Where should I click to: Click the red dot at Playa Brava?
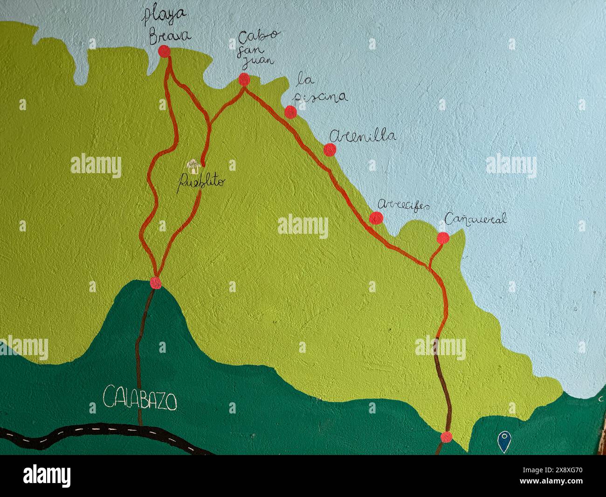[x=164, y=51]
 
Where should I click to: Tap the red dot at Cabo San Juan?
[x=244, y=79]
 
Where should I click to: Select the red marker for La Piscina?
[x=290, y=112]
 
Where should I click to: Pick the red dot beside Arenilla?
[x=330, y=150]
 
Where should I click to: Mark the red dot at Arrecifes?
[x=376, y=218]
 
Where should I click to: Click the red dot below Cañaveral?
[x=443, y=238]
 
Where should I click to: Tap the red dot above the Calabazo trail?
[x=156, y=283]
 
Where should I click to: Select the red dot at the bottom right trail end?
[x=446, y=437]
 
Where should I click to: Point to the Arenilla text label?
[x=363, y=136]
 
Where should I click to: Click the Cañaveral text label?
[x=475, y=219]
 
